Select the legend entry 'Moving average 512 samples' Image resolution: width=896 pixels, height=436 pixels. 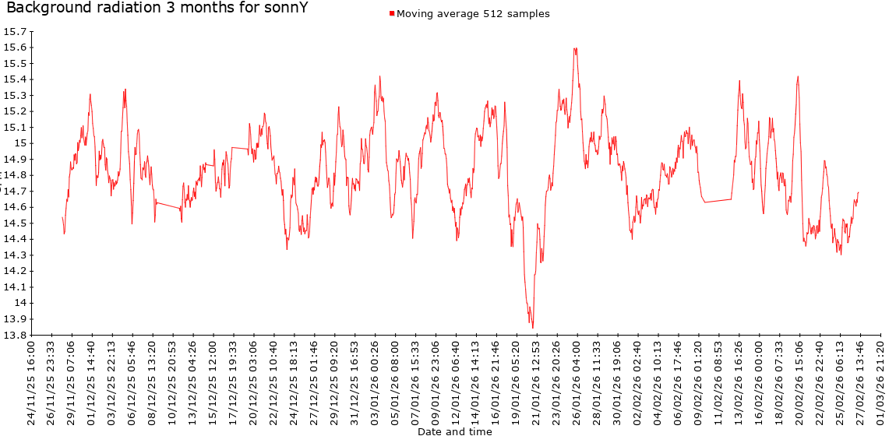coord(473,14)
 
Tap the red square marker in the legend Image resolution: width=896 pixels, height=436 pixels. coord(392,14)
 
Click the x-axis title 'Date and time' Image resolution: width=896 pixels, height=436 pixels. coord(454,431)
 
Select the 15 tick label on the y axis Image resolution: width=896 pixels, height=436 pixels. coord(21,143)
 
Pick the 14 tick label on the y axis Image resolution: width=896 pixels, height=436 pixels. coord(21,304)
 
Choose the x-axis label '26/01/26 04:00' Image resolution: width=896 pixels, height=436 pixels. coord(577,381)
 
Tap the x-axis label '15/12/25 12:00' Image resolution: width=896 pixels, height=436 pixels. coord(213,381)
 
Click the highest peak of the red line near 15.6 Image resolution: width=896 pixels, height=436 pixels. coord(575,48)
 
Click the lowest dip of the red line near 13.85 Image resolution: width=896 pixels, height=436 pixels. coord(533,327)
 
